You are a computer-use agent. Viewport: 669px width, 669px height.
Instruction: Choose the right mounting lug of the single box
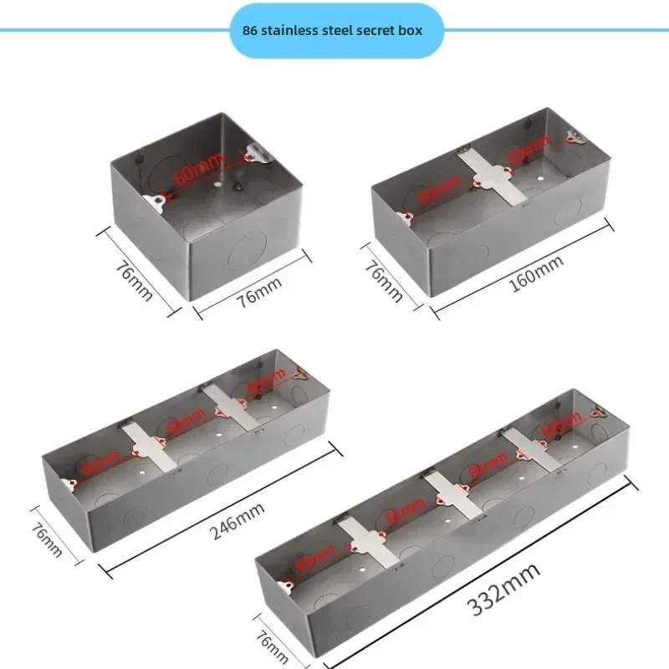tap(258, 152)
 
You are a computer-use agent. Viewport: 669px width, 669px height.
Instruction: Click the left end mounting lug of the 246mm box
tap(68, 485)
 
